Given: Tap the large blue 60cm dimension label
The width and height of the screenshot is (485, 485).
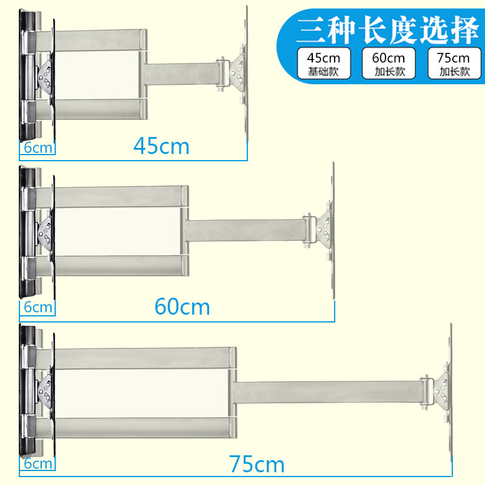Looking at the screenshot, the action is [182, 307].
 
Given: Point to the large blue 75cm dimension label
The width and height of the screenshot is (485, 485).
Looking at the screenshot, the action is [257, 464].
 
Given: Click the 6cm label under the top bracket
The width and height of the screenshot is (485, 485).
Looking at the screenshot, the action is [38, 147].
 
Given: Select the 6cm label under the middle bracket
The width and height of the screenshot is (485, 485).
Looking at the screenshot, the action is [38, 307].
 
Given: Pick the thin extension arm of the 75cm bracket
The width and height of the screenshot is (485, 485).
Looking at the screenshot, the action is [327, 392].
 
